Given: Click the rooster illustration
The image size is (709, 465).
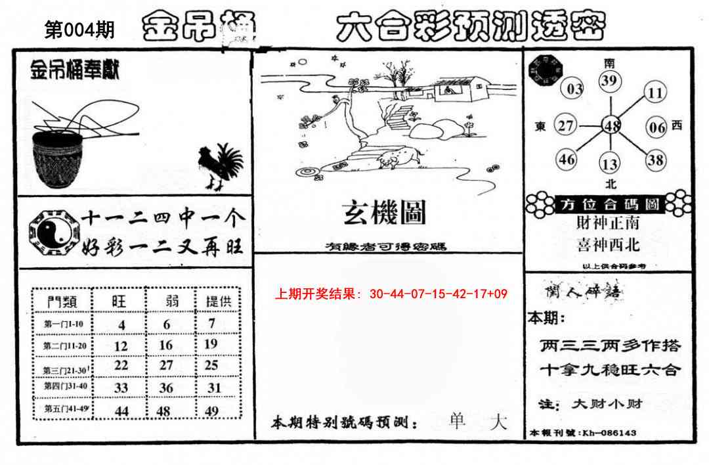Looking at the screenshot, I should click(x=221, y=167).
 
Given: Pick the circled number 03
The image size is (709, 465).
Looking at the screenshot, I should click(x=574, y=89).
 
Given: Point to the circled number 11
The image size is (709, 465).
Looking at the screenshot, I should click(x=655, y=92).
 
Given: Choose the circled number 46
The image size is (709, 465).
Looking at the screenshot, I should click(x=567, y=159).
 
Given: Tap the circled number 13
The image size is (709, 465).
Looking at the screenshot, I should click(x=610, y=164).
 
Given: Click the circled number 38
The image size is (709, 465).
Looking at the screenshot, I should click(x=655, y=159).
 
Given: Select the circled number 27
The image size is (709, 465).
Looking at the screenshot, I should click(x=565, y=125).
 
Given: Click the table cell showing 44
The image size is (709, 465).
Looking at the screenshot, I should click(x=121, y=410).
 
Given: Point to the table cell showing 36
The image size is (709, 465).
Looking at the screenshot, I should click(x=166, y=388).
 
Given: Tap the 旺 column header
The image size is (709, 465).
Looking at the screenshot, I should click(x=119, y=301).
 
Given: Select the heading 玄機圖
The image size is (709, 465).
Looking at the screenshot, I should click(x=384, y=212).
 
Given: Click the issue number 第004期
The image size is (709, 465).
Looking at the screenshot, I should click(x=79, y=30).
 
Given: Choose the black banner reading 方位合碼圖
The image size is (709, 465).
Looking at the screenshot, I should click(x=610, y=204).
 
